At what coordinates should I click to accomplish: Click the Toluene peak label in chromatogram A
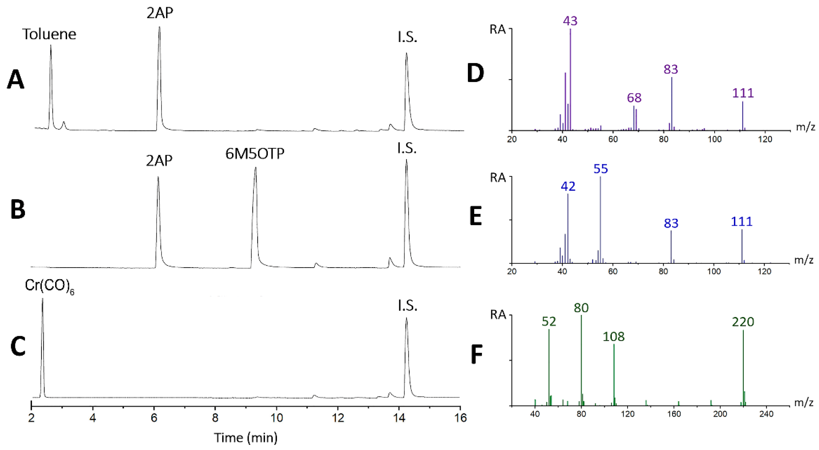[x=49, y=34]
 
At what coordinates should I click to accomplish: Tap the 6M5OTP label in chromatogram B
[x=255, y=154]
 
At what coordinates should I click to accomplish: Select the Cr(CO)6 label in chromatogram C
[x=49, y=286]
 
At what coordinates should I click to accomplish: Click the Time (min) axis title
[x=246, y=438]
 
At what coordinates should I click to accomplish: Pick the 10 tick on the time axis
[x=277, y=418]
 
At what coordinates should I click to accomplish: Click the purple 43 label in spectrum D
[x=570, y=21]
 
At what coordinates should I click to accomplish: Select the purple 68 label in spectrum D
[x=634, y=98]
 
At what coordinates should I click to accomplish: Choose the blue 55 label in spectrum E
[x=601, y=169]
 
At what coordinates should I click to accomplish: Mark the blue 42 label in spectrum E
[x=568, y=187]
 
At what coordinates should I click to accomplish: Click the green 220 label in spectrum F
[x=743, y=322]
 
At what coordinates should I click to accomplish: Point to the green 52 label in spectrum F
[x=549, y=322]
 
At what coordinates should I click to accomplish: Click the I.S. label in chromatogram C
[x=407, y=306]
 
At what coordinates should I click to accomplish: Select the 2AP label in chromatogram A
[x=160, y=14]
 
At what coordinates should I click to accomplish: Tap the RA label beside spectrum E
[x=498, y=178]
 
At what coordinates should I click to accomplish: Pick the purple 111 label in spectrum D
[x=743, y=93]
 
